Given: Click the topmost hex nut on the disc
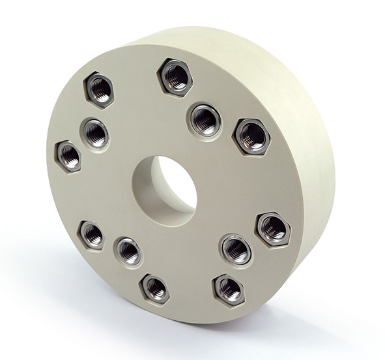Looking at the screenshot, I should pyautogui.click(x=175, y=76).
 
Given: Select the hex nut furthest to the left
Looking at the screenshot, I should pyautogui.click(x=68, y=156).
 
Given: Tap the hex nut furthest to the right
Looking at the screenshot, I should pyautogui.click(x=273, y=228).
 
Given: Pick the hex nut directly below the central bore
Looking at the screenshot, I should pyautogui.click(x=155, y=288).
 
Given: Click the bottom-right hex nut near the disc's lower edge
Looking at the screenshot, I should pyautogui.click(x=228, y=288).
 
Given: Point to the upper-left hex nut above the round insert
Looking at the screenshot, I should pyautogui.click(x=99, y=89).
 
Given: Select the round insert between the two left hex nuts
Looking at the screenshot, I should pyautogui.click(x=94, y=134).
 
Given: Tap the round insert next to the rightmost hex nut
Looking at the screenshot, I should pyautogui.click(x=236, y=248).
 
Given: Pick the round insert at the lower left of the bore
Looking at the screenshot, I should pyautogui.click(x=128, y=251).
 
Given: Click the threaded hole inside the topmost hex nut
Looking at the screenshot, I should pyautogui.click(x=175, y=76).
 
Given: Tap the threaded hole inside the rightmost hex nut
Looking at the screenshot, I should pyautogui.click(x=273, y=228).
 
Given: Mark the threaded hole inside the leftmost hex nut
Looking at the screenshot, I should pyautogui.click(x=68, y=156).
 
